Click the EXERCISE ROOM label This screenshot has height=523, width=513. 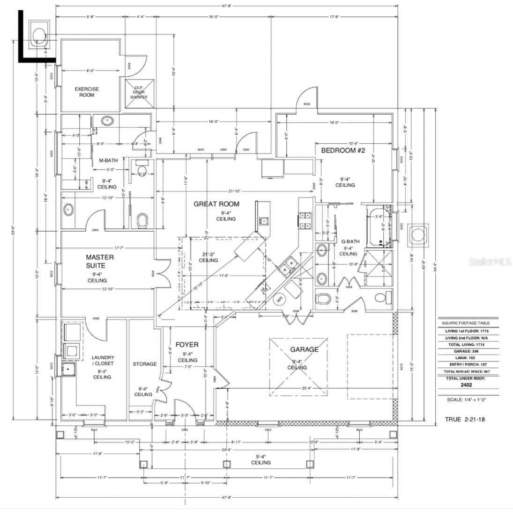click(87, 92)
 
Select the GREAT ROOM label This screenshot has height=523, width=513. click(216, 204)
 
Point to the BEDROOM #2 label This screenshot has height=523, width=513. click(342, 150)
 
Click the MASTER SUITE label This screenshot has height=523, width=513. click(99, 261)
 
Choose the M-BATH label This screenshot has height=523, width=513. click(108, 160)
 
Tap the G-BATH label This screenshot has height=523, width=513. click(350, 242)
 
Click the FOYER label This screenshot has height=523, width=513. click(187, 345)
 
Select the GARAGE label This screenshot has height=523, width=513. click(304, 349)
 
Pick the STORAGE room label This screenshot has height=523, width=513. click(144, 364)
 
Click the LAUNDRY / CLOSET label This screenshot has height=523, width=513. click(103, 360)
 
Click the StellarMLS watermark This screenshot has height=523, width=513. click(489, 262)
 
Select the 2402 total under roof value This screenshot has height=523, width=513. click(466, 385)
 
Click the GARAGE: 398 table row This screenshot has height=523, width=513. click(466, 351)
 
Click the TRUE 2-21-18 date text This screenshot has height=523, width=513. click(464, 419)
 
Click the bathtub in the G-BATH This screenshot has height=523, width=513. click(380, 228)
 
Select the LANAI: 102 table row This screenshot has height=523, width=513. click(466, 357)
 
